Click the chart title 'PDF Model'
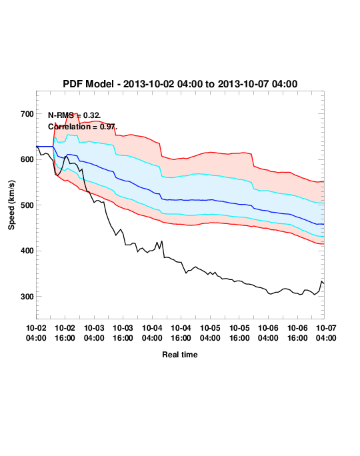[88, 84]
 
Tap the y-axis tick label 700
[27, 114]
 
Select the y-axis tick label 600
[27, 159]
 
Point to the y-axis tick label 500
[27, 205]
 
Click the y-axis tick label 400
[27, 251]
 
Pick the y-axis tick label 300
[27, 297]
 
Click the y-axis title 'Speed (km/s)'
[11, 205]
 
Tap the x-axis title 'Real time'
[180, 355]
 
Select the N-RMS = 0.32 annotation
[74, 115]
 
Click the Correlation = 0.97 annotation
[83, 127]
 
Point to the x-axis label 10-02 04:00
[36, 333]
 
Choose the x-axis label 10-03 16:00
[123, 333]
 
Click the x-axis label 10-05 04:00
[210, 333]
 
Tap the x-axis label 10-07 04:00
[326, 333]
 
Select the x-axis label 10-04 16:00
[181, 333]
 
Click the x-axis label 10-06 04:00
[268, 333]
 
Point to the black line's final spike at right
[321, 281]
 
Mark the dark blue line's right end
[324, 224]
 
